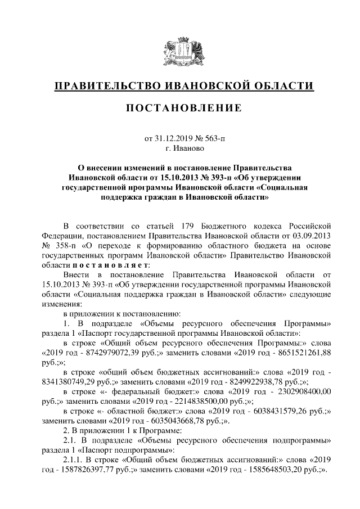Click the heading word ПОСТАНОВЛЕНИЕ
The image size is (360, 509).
(180, 108)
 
